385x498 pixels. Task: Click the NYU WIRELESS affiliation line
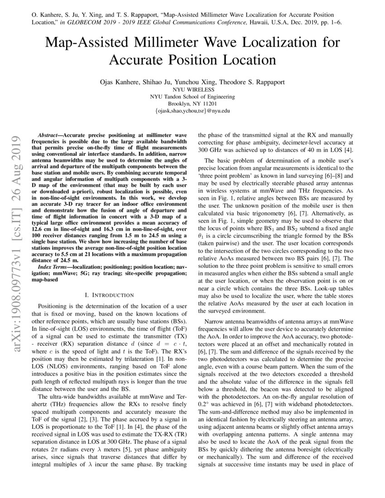pyautogui.click(x=192, y=90)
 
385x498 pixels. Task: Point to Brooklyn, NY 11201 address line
pyautogui.click(x=192, y=103)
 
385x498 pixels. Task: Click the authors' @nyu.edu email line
pyautogui.click(x=192, y=110)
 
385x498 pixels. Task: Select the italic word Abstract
pyautogui.click(x=48, y=135)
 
